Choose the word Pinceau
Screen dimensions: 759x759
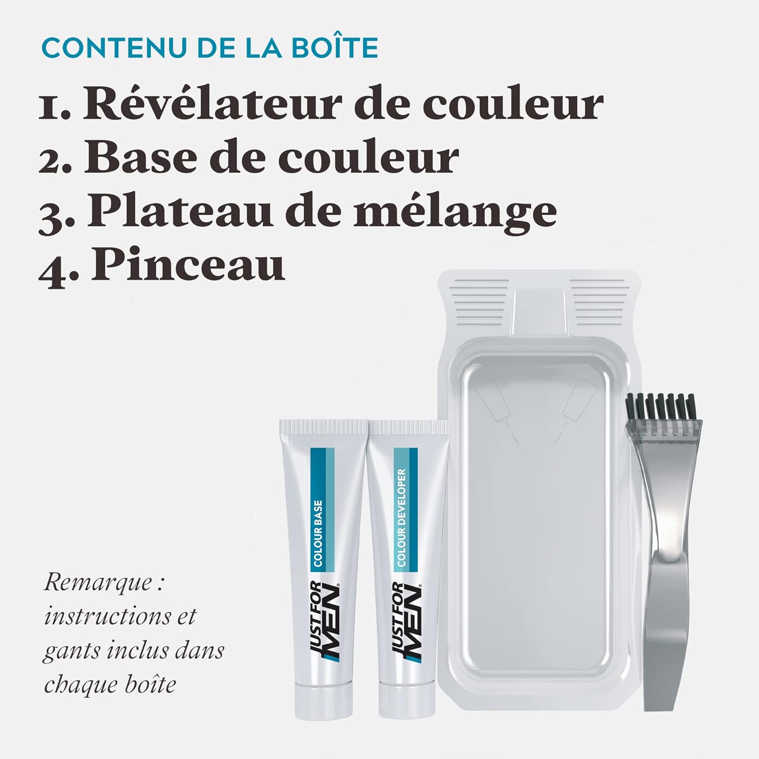click(188, 265)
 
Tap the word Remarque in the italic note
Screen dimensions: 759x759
click(97, 582)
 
